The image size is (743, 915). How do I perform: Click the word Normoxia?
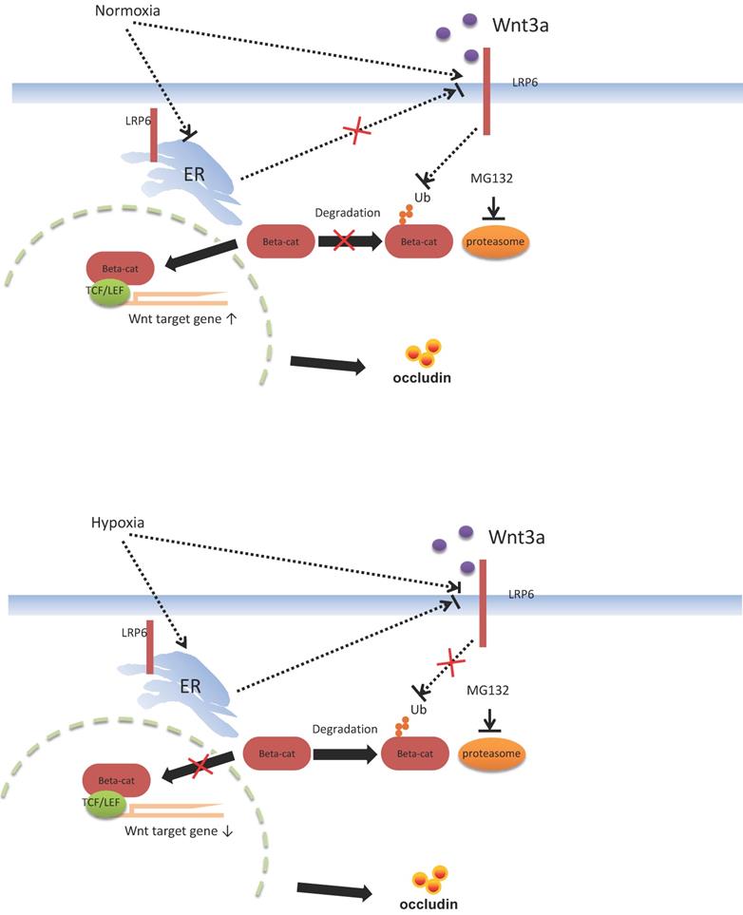tap(127, 12)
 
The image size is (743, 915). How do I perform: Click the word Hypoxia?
tap(123, 523)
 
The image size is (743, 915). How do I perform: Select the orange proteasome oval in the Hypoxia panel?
tap(493, 754)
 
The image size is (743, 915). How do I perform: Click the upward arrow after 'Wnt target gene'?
tap(232, 320)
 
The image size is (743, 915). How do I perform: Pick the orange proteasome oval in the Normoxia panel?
tap(495, 241)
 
